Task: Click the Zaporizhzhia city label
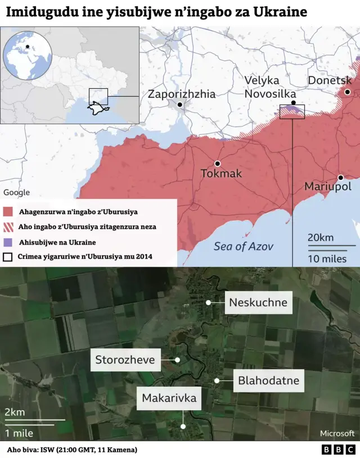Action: tap(181, 94)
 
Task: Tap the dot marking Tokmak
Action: tap(217, 164)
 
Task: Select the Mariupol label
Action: tap(327, 186)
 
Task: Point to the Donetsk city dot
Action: tap(348, 92)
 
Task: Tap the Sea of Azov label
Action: tap(244, 246)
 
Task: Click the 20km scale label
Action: tap(320, 238)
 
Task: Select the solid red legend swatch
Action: tap(8, 212)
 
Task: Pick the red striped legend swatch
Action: tap(8, 227)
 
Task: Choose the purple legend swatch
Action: tap(8, 242)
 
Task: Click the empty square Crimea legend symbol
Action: tap(8, 257)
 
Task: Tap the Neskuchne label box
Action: tap(258, 302)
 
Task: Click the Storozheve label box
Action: tap(125, 359)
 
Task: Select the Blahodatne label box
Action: tap(268, 380)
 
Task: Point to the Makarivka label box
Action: tap(169, 398)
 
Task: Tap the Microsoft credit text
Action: tap(337, 433)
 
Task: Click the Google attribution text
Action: tap(16, 193)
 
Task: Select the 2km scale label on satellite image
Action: tap(14, 412)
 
